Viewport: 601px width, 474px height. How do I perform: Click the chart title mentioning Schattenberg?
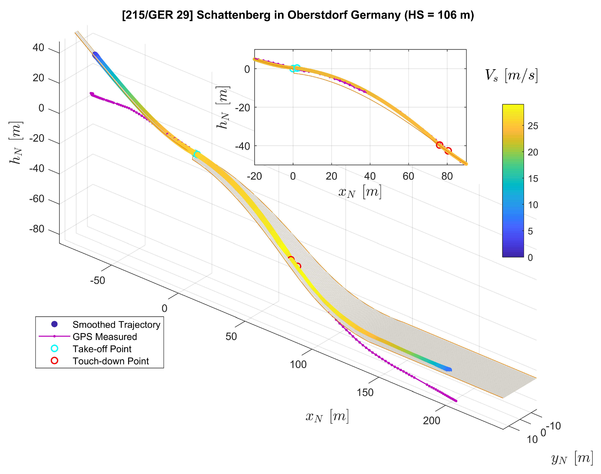click(x=298, y=15)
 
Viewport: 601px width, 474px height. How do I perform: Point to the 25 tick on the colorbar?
click(x=532, y=126)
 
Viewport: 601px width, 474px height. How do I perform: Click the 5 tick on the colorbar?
click(x=530, y=231)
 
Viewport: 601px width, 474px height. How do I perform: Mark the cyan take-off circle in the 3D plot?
click(x=197, y=154)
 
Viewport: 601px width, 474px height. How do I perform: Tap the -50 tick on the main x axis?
click(x=97, y=281)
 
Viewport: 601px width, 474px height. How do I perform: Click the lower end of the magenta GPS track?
click(x=456, y=401)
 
